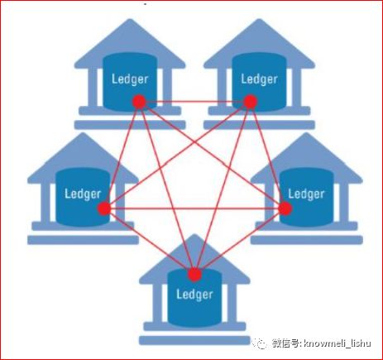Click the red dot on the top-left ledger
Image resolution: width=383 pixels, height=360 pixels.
139,102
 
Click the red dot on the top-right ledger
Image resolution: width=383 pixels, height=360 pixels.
251,102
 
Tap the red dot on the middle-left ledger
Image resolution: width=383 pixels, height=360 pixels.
104,209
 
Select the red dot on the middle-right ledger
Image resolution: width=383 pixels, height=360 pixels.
285,209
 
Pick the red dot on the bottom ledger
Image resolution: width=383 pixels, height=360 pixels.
194,274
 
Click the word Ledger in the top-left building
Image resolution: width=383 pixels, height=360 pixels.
130,79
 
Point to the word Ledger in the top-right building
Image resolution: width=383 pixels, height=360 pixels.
259,79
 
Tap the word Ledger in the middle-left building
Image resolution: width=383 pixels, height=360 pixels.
83,194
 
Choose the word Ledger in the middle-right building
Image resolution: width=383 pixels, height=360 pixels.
306,194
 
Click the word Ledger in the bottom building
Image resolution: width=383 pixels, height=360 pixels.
194,295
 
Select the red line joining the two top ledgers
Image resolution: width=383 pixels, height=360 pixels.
194,102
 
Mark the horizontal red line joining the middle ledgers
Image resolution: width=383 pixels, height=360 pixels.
194,209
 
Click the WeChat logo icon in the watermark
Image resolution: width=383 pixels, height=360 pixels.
260,343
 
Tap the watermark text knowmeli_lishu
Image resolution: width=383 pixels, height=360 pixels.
337,343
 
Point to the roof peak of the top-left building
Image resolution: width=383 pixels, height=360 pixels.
130,20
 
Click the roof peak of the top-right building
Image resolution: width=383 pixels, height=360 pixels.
259,20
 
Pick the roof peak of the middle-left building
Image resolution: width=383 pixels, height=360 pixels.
83,134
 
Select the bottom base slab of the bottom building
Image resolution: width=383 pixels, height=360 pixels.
194,340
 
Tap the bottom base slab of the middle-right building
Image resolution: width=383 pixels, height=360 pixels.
306,240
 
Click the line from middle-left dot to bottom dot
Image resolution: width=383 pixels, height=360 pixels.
150,242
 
